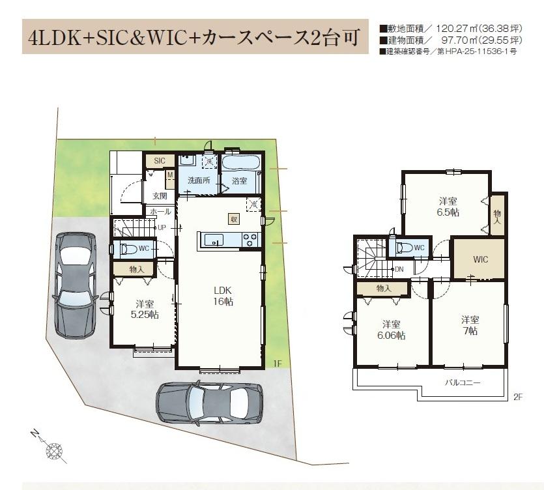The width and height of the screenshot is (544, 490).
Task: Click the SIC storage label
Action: (160, 161)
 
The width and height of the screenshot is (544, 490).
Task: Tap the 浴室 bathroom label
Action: (239, 180)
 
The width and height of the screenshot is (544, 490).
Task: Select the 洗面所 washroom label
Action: (199, 180)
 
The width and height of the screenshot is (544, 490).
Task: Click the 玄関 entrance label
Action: (160, 195)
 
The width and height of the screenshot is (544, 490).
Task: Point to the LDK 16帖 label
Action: (223, 296)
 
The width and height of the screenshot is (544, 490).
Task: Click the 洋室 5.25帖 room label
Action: (145, 310)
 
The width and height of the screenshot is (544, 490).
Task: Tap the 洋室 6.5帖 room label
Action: (448, 207)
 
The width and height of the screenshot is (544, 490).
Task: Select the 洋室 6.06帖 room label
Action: (392, 330)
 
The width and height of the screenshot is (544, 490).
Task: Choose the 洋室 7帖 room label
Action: (470, 325)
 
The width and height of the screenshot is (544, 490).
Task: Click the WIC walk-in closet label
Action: (481, 259)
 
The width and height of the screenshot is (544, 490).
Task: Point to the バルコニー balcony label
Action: (463, 382)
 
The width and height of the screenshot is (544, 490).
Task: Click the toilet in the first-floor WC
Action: (129, 249)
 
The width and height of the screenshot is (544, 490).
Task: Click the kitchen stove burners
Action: (250, 240)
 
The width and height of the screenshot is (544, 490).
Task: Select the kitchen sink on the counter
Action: (214, 240)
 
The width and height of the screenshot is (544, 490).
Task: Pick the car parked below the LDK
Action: (210, 403)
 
